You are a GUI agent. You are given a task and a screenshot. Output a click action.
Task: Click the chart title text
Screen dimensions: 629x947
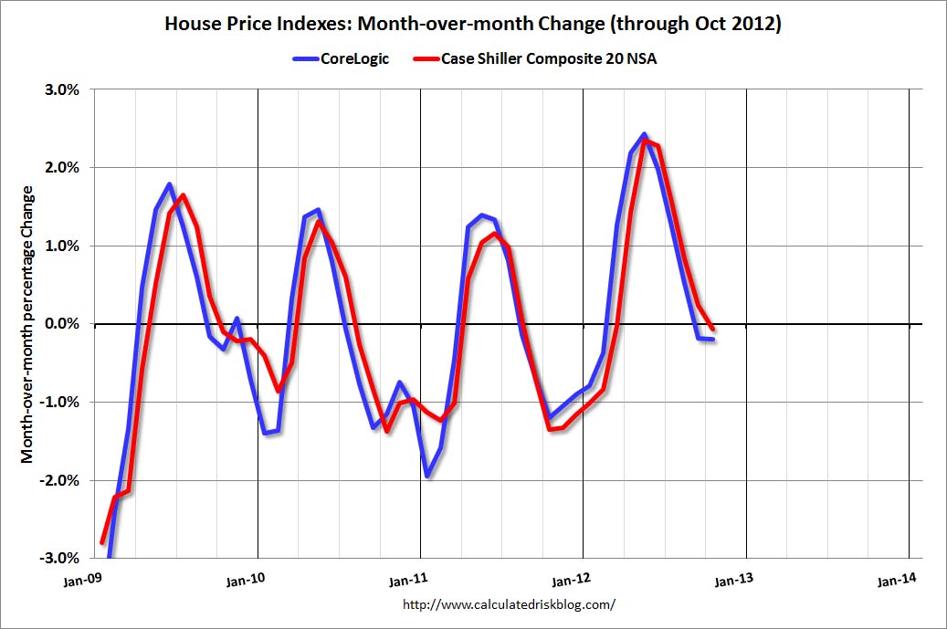coord(472,25)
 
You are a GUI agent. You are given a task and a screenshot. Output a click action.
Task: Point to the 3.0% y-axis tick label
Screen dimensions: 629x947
coord(64,89)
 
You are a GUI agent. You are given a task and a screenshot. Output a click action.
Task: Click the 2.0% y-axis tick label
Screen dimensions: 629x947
coord(64,168)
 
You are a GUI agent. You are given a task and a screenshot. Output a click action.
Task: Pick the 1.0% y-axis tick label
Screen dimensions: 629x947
coord(64,246)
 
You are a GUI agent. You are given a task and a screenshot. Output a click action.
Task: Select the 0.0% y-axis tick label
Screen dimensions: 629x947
coord(64,324)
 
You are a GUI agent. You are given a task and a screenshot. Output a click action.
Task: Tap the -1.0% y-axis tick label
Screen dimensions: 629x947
coord(62,403)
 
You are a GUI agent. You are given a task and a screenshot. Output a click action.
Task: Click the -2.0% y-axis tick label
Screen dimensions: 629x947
coord(62,480)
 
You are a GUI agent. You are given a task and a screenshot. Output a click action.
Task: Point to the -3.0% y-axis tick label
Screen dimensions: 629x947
coord(62,559)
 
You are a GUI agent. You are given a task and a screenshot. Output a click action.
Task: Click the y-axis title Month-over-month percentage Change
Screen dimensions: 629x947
coord(28,324)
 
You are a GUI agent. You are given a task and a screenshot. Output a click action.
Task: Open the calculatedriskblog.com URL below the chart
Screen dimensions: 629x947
coord(509,604)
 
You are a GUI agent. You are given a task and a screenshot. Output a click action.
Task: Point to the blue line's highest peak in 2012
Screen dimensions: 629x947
coord(644,135)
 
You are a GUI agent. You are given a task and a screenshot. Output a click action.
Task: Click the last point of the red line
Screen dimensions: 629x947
coord(712,329)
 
